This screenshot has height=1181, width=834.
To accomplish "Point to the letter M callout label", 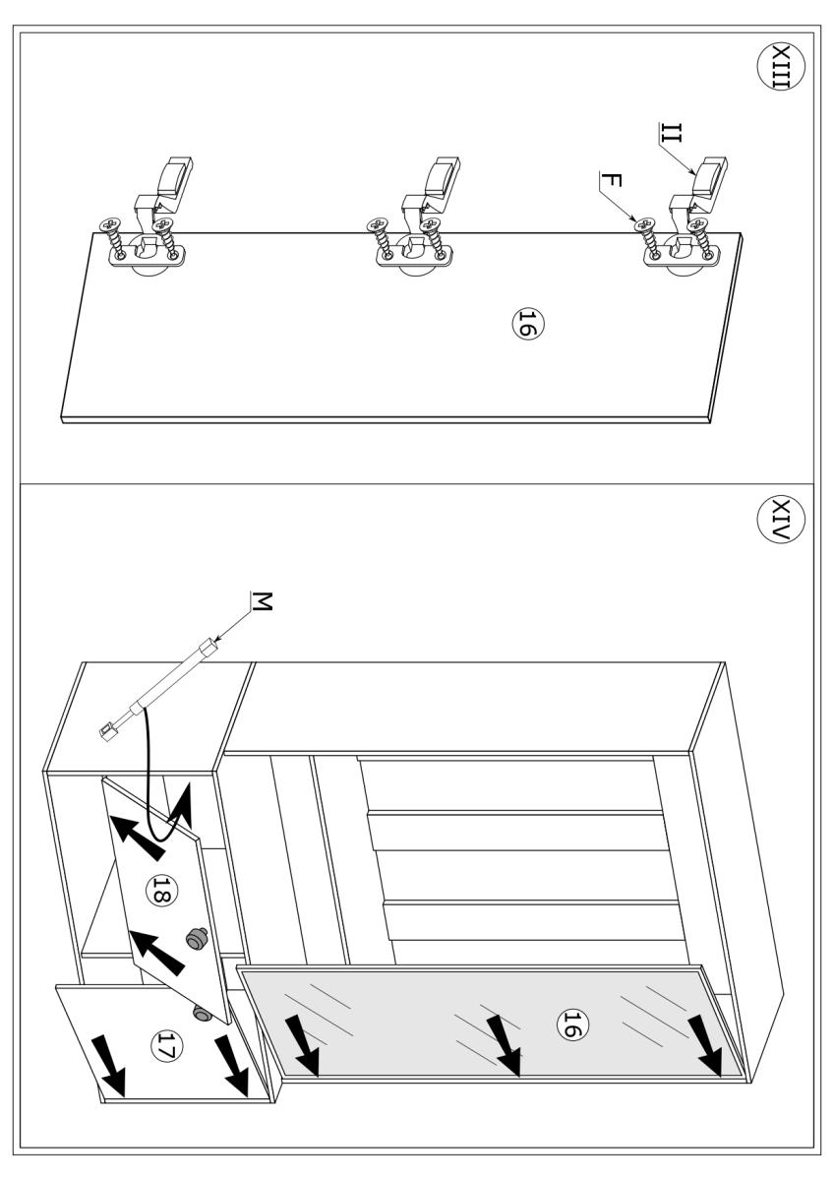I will click(260, 600).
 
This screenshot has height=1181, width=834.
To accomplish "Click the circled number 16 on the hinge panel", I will click(526, 324).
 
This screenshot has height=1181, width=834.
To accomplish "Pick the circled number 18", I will click(157, 893).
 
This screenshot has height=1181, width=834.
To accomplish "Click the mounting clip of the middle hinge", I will click(438, 183).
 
